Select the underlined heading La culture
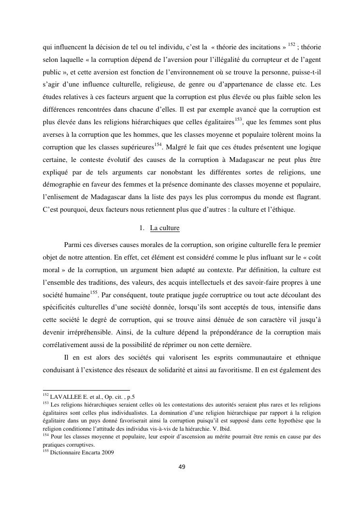point(165,227)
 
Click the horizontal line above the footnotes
point(86,390)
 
